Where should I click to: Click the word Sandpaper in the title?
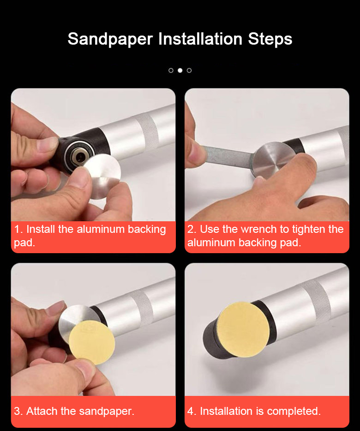(110, 39)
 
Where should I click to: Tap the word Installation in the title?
(200, 38)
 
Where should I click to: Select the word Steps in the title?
(270, 39)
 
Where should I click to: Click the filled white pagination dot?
(180, 70)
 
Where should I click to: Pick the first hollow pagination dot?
(171, 70)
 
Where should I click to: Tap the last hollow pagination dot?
(189, 70)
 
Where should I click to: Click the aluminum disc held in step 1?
(102, 176)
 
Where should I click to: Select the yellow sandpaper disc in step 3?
(92, 342)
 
